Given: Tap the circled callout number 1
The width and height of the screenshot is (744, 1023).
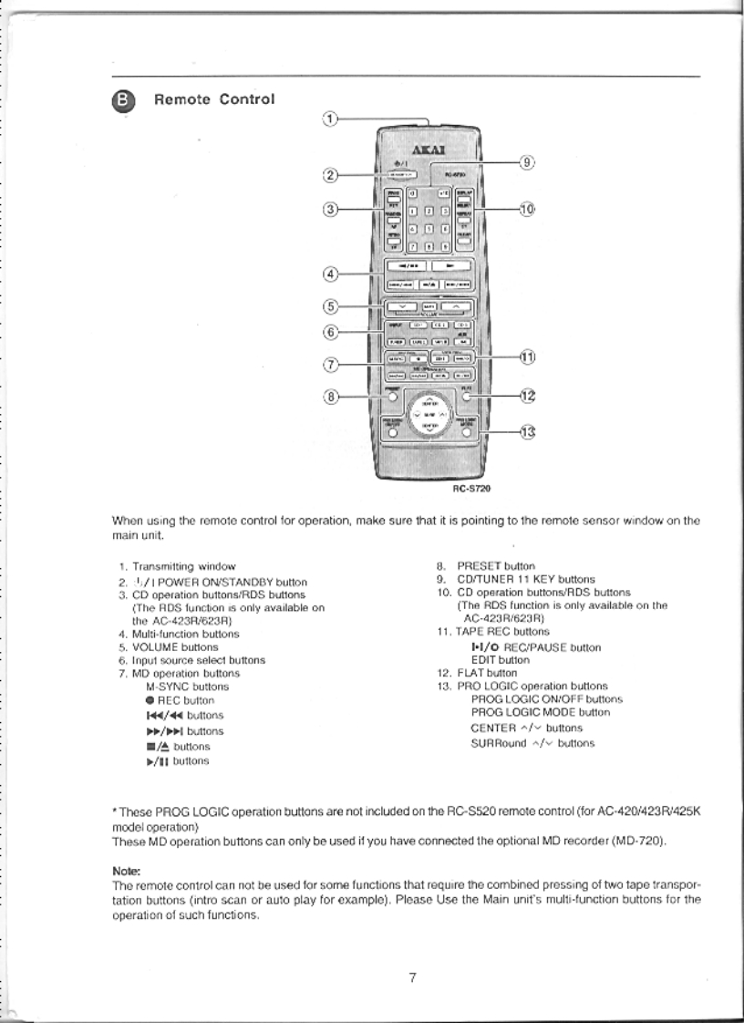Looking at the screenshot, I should [x=331, y=119].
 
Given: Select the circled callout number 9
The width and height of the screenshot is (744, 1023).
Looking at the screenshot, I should [x=525, y=162].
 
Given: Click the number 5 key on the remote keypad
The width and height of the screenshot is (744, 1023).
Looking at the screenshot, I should [x=428, y=229].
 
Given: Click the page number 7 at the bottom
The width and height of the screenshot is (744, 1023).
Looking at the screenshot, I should [x=412, y=978].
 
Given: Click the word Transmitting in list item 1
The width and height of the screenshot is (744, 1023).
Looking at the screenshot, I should [x=160, y=567].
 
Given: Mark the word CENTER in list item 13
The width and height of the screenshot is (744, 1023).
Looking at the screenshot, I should [x=491, y=728].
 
